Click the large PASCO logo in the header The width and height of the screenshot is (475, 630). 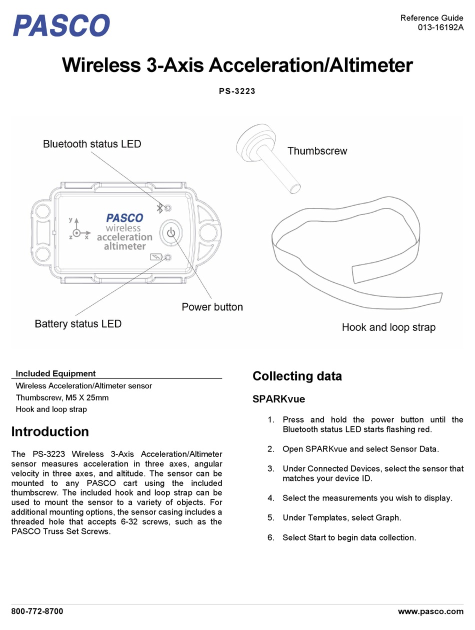(61, 25)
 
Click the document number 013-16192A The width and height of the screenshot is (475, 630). (440, 27)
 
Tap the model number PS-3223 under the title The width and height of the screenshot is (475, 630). (237, 91)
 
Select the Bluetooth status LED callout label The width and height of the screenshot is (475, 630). (92, 144)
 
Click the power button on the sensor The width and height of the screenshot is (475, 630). (171, 232)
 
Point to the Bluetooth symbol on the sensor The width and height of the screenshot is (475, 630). (159, 208)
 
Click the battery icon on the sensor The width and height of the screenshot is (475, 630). (156, 256)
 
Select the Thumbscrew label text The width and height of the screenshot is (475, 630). (317, 151)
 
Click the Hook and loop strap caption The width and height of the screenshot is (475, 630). (388, 327)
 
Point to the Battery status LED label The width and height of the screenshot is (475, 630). (78, 324)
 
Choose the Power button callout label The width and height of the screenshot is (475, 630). (212, 307)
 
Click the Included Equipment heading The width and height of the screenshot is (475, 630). (55, 373)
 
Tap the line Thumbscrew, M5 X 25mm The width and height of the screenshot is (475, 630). (62, 397)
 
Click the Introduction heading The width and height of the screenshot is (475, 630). (50, 431)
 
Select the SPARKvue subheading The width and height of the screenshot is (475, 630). (278, 399)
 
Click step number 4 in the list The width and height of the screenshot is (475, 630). (270, 497)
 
